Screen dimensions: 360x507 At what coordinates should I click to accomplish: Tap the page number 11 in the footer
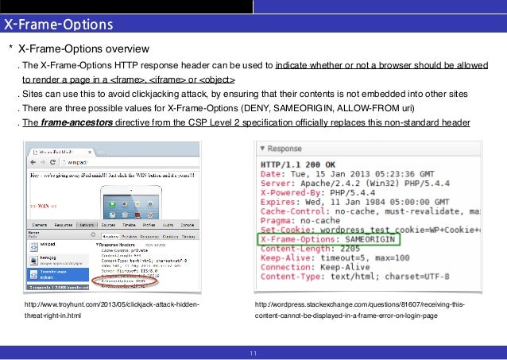(x=253, y=354)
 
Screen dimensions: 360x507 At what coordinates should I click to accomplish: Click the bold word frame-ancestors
(x=79, y=122)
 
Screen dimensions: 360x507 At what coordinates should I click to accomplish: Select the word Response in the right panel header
(x=284, y=149)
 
